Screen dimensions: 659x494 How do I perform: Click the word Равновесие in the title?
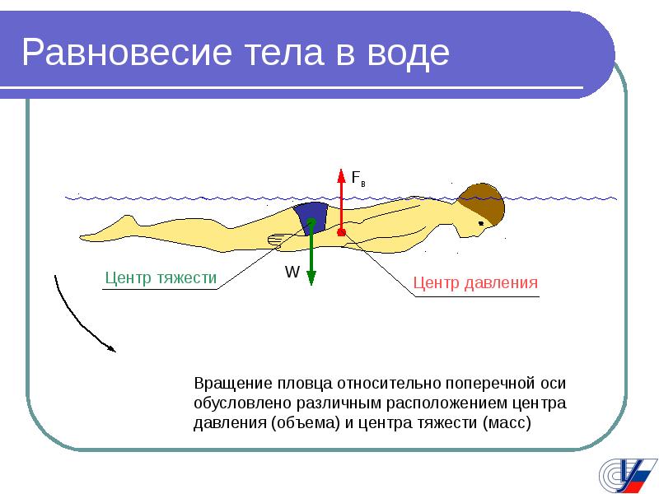[127, 53]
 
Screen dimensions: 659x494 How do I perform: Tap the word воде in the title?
[409, 53]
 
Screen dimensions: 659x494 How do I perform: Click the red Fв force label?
[358, 178]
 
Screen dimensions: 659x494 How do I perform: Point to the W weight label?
[292, 272]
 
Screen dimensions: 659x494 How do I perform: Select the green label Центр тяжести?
[161, 278]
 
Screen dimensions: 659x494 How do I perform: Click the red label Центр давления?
[475, 282]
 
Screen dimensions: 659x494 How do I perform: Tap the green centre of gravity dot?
[311, 221]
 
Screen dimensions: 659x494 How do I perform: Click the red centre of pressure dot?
[341, 232]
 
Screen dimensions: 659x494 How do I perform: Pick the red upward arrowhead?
[341, 176]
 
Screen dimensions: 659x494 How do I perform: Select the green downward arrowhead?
[311, 278]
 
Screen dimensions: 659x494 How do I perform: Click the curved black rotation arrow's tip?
[115, 351]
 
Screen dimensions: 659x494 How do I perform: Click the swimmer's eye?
[481, 223]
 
